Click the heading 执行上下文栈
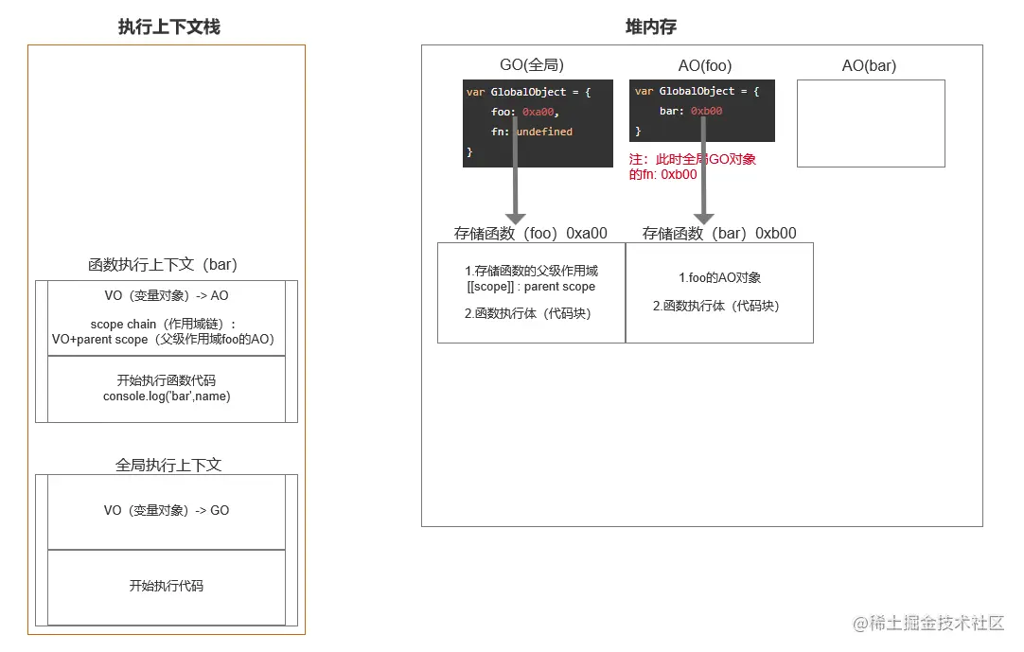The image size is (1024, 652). (168, 27)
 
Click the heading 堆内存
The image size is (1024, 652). (651, 27)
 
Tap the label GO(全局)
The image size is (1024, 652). (532, 66)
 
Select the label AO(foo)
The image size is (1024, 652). (705, 66)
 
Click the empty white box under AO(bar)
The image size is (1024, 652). (871, 123)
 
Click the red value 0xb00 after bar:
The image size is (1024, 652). (706, 112)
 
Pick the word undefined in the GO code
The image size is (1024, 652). (544, 132)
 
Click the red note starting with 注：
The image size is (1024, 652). (693, 167)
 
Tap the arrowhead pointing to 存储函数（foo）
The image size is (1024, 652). (515, 219)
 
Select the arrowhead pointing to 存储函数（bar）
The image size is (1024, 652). (703, 219)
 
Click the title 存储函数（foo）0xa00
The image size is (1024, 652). (530, 234)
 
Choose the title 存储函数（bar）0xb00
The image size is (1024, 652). (719, 234)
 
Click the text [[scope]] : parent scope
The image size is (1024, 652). (531, 287)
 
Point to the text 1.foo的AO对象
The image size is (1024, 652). (720, 278)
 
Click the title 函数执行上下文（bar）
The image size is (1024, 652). (162, 265)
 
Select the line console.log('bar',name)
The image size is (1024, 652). (167, 396)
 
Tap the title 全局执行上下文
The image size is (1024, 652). (168, 466)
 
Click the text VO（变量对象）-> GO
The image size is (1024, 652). (167, 511)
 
